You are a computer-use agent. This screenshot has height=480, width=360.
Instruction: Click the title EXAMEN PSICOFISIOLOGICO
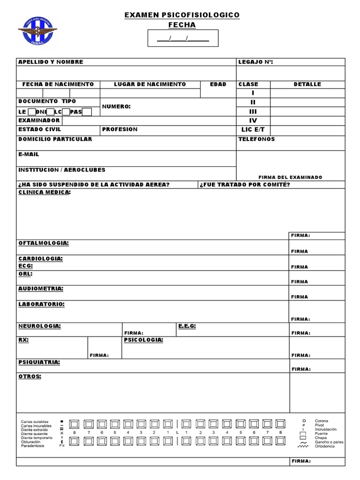182,15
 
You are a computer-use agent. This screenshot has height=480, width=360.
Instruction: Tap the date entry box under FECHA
183,38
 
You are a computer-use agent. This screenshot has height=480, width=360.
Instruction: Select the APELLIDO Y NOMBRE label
51,62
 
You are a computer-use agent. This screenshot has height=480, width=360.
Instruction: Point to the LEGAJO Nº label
255,62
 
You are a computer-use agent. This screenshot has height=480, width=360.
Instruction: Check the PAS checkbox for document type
87,112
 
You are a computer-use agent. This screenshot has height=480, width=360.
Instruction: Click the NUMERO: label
116,107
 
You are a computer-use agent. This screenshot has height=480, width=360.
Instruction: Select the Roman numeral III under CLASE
253,112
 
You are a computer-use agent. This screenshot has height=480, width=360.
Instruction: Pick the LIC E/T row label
253,129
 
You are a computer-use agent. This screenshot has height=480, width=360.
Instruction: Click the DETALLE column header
307,84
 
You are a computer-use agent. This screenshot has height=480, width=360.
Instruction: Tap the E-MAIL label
29,154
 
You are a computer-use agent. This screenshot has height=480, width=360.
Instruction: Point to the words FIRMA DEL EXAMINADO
290,177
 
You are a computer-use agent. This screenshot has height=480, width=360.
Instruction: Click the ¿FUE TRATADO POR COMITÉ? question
245,185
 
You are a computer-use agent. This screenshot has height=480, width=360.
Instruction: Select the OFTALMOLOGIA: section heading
44,243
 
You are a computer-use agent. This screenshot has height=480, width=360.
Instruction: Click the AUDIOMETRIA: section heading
41,289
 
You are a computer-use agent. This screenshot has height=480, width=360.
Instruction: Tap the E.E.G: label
187,326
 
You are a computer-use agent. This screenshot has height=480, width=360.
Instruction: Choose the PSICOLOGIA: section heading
143,340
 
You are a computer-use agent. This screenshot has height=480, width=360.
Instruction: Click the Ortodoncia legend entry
325,446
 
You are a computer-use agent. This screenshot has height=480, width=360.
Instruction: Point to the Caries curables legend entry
35,421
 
